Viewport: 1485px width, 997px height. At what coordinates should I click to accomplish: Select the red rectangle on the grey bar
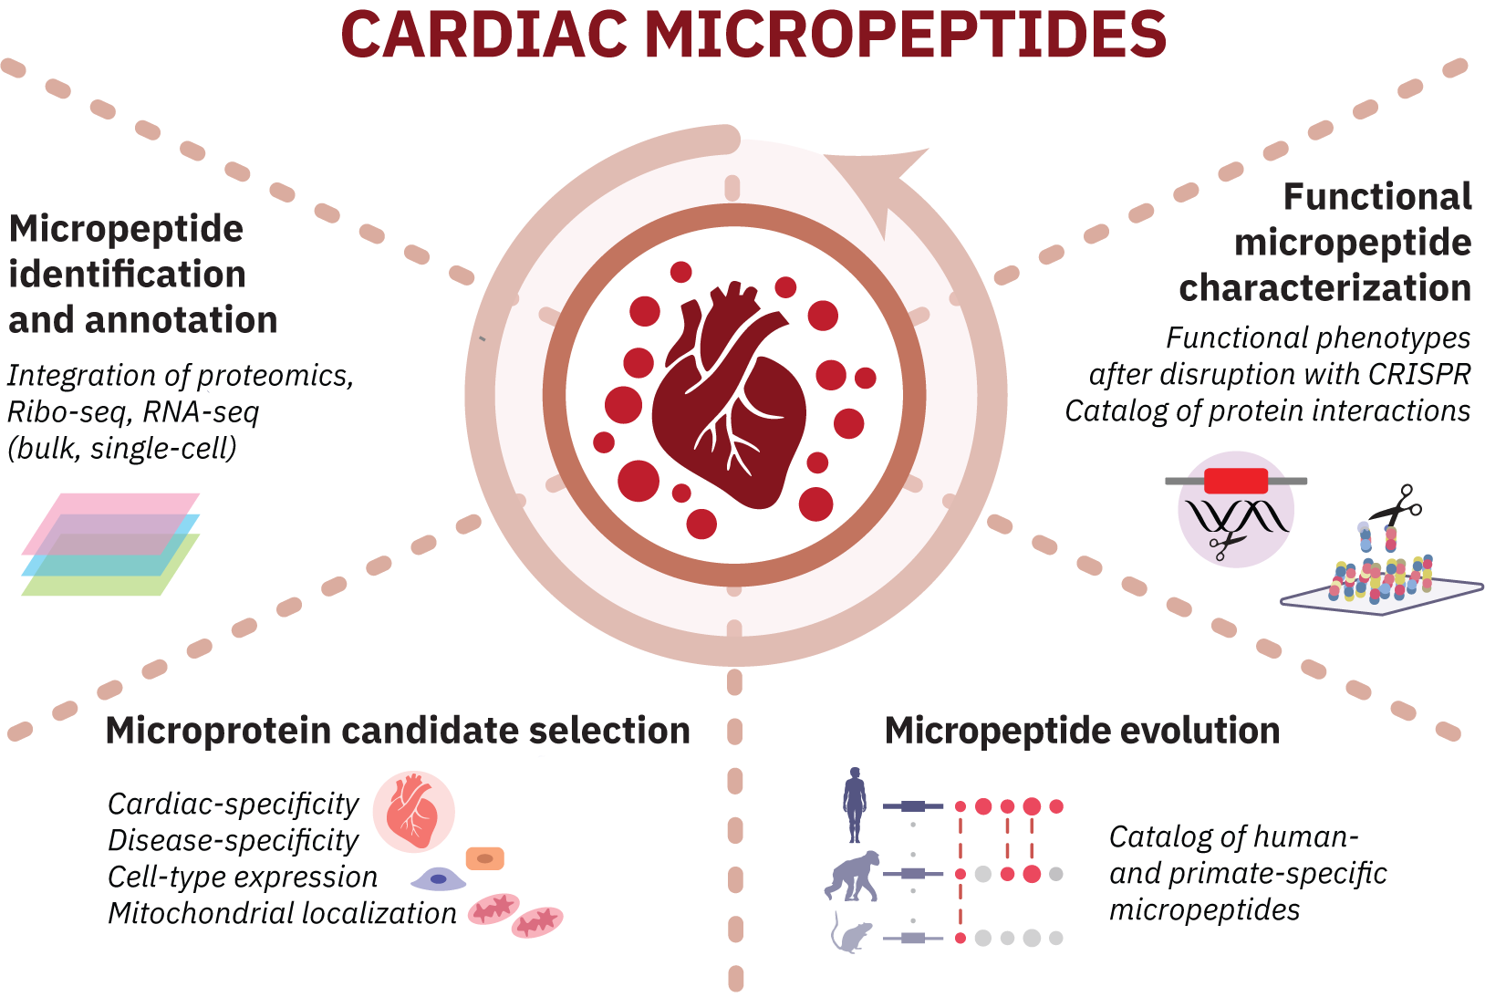coord(1235,481)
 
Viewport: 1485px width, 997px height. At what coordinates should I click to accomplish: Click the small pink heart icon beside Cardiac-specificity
coord(413,811)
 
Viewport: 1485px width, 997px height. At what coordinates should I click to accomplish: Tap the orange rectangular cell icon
coord(484,858)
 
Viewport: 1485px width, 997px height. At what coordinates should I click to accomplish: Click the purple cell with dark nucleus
coord(439,879)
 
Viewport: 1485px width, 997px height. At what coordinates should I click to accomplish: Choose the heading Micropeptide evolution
coord(1082,731)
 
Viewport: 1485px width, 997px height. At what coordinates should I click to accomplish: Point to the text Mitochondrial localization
coord(282,913)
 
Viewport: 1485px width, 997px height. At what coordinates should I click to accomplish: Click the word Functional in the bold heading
coord(1376,197)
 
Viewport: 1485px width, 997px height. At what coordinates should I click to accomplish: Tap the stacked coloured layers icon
coord(110,545)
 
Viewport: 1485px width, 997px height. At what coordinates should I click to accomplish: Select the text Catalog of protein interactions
coord(1267,411)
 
